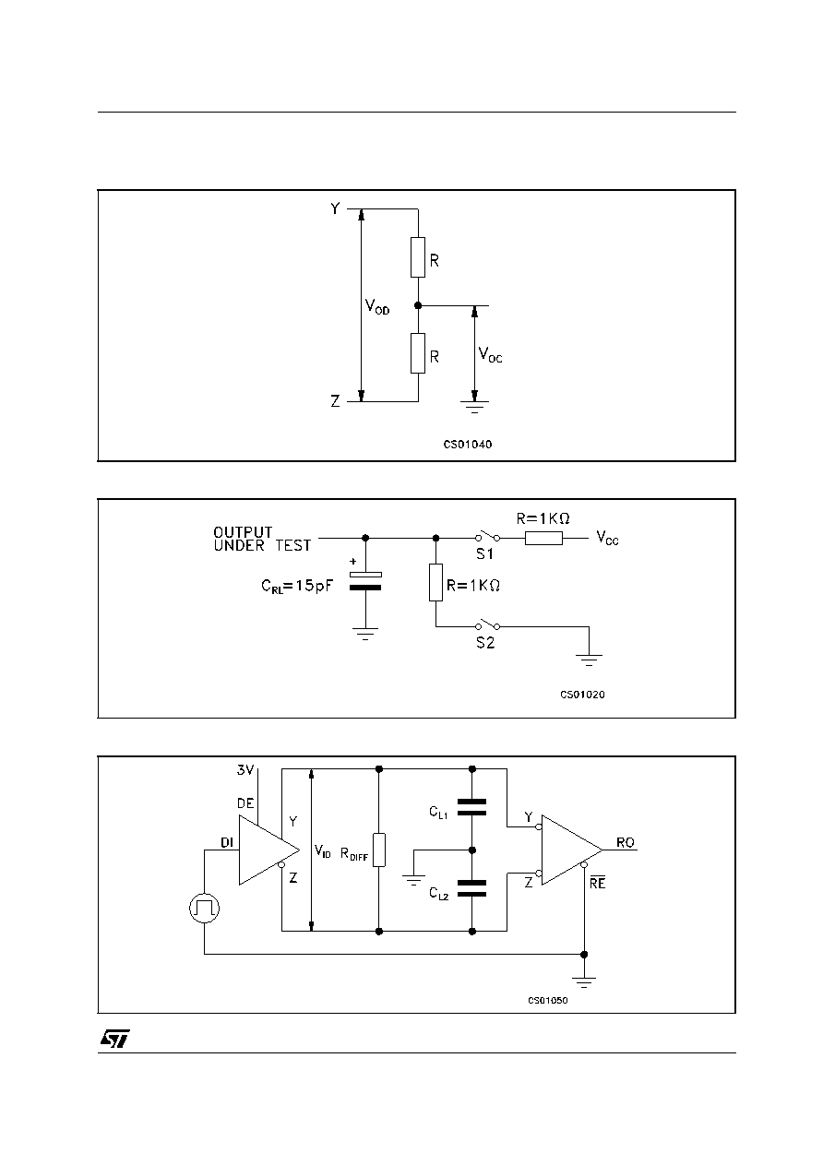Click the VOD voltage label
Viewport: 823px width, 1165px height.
377,306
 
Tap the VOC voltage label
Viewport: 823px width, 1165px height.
490,355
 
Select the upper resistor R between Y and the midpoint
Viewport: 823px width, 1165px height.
418,257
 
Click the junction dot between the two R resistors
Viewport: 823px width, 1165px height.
418,305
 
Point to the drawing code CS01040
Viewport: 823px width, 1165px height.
467,445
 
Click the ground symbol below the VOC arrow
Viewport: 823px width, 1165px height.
474,406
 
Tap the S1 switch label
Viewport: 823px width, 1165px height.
485,554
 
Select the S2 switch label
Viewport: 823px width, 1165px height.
485,643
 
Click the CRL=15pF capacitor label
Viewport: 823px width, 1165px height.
296,586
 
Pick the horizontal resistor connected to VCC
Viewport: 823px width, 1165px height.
543,538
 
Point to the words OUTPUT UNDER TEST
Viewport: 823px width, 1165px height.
262,539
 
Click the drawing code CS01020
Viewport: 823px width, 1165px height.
582,695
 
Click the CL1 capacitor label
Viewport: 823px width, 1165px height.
438,812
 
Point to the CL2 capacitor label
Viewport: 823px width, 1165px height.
438,893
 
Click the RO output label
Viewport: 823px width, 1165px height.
626,842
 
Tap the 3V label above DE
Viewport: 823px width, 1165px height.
245,769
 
